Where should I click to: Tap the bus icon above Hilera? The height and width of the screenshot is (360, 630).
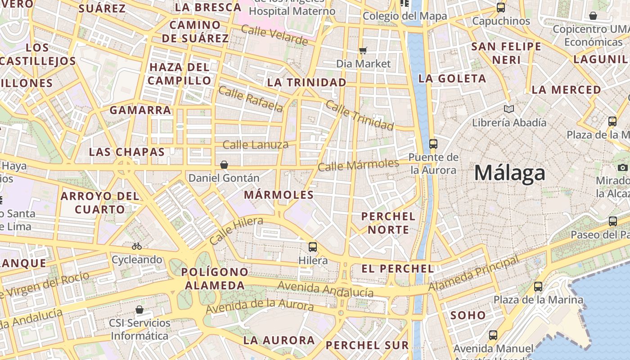(313, 247)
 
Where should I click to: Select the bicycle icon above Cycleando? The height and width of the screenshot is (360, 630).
(137, 246)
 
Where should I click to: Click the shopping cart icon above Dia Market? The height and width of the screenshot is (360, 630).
(363, 50)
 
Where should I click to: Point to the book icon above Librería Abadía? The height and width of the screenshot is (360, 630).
(509, 109)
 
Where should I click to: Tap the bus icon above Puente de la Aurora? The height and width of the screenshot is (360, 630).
(433, 144)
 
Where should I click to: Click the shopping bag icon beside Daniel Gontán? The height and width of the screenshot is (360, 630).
(224, 165)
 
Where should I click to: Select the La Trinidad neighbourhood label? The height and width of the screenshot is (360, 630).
(306, 82)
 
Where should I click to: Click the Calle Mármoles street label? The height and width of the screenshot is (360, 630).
(358, 165)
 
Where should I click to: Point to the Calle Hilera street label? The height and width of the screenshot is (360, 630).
(236, 230)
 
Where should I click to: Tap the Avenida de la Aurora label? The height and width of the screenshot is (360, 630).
(259, 307)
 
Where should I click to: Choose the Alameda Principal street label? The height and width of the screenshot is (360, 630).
(473, 273)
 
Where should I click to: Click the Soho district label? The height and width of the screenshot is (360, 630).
(468, 315)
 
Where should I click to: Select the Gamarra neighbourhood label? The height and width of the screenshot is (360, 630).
(140, 110)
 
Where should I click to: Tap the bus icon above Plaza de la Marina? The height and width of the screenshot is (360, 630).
(538, 287)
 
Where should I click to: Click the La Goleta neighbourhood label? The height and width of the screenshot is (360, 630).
(452, 78)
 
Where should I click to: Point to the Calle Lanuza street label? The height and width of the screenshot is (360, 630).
(256, 145)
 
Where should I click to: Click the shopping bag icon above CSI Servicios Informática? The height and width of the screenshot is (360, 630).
(139, 310)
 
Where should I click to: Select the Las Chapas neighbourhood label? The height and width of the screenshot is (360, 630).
(127, 152)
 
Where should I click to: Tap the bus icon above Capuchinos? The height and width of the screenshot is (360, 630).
(500, 8)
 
